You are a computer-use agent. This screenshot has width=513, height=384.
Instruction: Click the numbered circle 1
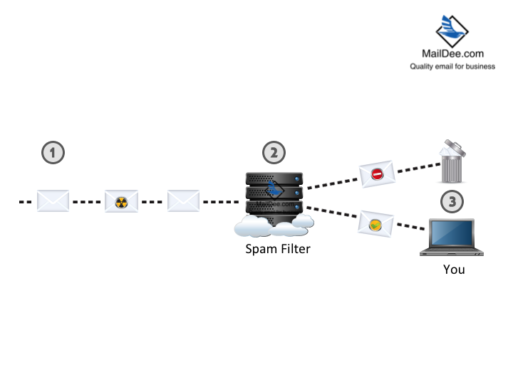[53, 151]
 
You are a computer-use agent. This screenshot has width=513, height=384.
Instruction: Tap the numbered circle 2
[274, 151]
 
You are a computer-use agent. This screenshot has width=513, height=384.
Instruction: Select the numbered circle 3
[451, 201]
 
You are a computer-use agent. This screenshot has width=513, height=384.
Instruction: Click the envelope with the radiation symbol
[121, 201]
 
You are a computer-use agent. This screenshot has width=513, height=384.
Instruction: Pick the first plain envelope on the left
[53, 201]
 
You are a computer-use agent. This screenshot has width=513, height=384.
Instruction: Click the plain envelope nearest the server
[183, 201]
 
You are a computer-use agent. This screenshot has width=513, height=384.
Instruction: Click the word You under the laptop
[454, 270]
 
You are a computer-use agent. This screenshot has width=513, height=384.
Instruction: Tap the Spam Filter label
[277, 249]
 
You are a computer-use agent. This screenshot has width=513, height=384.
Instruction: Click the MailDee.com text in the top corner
[452, 53]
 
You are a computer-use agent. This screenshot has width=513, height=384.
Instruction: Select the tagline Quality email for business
[452, 66]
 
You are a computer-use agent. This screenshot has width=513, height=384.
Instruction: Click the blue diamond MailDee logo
[452, 27]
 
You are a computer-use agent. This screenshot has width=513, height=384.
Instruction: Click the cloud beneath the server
[274, 226]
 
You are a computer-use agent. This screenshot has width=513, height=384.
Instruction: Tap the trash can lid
[453, 147]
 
